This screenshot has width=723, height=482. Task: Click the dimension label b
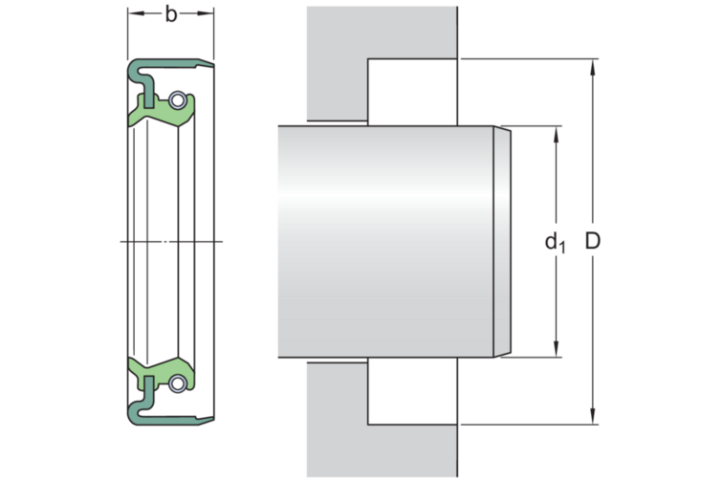click(x=170, y=14)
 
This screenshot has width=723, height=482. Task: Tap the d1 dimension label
click(x=555, y=243)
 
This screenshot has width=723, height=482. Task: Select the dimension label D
click(x=593, y=241)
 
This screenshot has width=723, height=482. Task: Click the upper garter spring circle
click(x=177, y=99)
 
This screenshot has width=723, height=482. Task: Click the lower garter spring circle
click(x=177, y=383)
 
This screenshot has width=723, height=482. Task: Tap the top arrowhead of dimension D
click(x=593, y=67)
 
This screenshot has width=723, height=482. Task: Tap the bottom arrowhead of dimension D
click(x=593, y=416)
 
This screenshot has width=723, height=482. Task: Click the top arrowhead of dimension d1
click(x=556, y=134)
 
